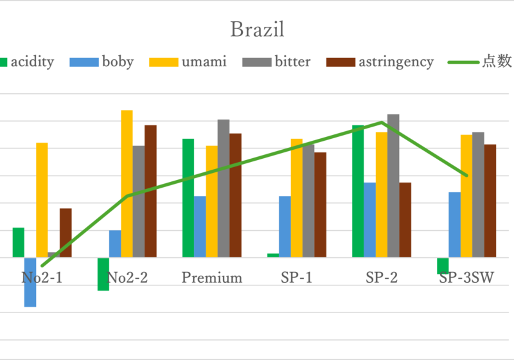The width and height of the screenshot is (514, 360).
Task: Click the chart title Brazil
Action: click(257, 30)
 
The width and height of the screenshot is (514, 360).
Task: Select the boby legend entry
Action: click(109, 62)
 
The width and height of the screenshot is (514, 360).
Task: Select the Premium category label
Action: click(212, 278)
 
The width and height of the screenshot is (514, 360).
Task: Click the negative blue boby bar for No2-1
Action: click(30, 282)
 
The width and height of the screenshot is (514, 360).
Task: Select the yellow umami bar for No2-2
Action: click(127, 183)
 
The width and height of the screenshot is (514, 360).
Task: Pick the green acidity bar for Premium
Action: click(188, 198)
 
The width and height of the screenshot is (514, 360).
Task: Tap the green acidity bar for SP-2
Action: click(358, 191)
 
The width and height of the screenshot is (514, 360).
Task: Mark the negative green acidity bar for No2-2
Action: click(103, 274)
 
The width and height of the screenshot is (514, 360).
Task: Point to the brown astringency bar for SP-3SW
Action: click(490, 201)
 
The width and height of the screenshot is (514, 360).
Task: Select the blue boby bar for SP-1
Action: click(285, 226)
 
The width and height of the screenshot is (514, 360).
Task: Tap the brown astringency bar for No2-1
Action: click(66, 233)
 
